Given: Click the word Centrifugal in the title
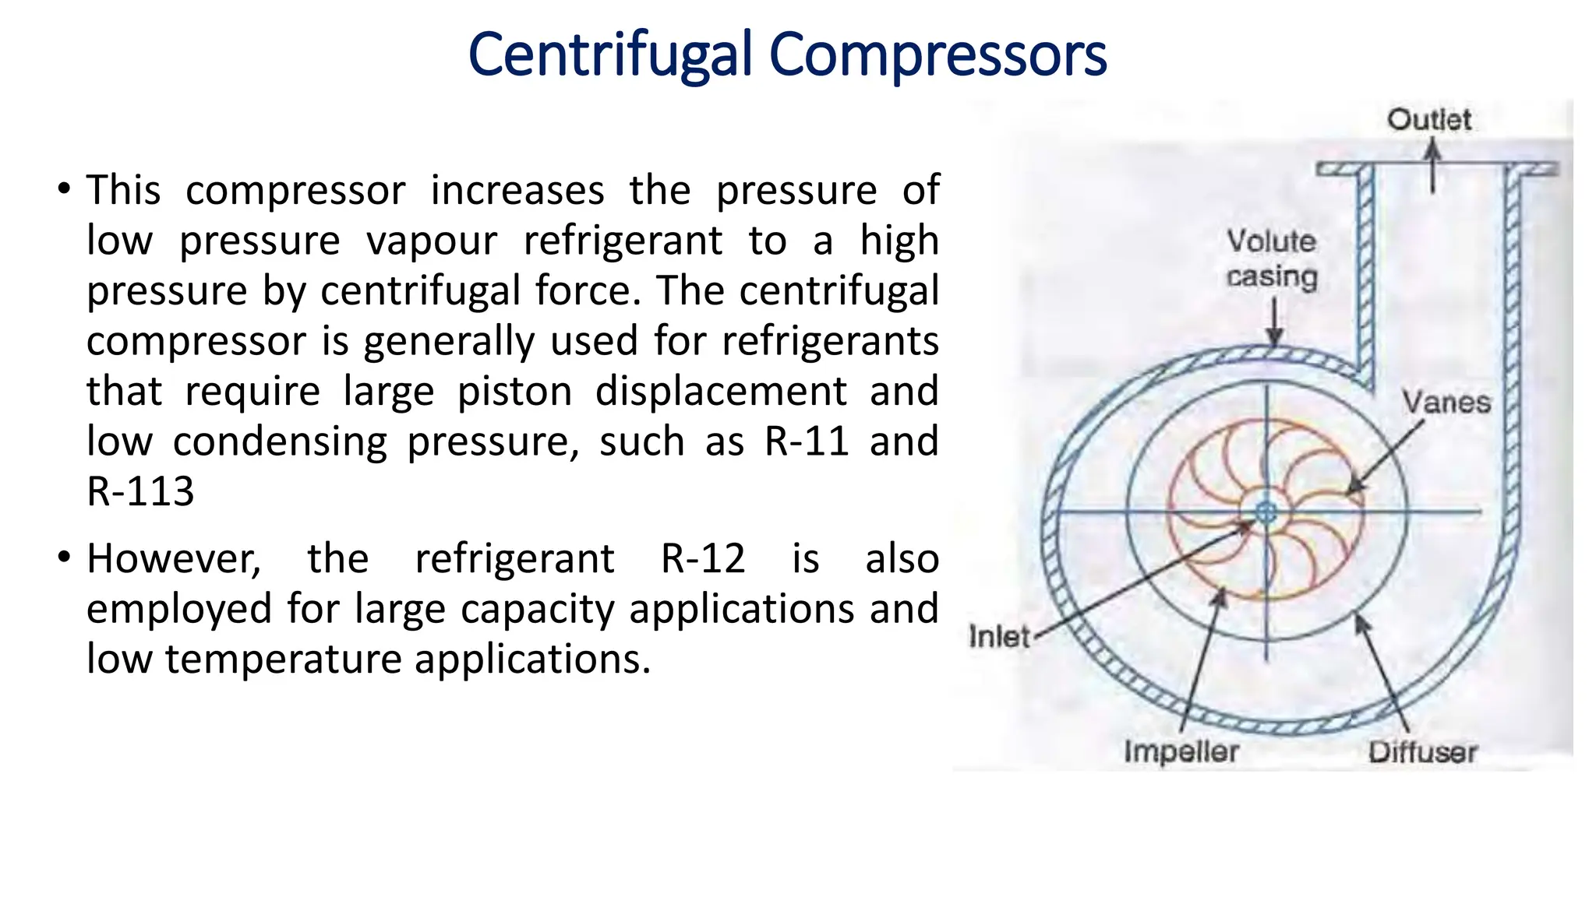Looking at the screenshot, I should click(x=610, y=55).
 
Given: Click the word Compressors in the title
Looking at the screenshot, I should click(x=937, y=55).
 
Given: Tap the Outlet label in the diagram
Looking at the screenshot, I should click(x=1428, y=120).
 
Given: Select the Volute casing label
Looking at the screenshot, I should click(x=1272, y=259).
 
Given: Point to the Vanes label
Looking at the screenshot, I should click(x=1446, y=403).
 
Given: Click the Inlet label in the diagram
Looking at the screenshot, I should click(x=998, y=637).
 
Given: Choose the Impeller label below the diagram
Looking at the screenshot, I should click(x=1181, y=751).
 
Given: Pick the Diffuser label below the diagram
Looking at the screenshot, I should click(x=1422, y=752).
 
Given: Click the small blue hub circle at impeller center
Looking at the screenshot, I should click(x=1266, y=512).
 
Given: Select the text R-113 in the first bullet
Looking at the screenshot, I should click(x=140, y=491).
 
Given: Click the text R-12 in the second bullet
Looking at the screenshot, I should click(x=703, y=558).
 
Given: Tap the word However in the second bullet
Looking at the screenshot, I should click(x=173, y=558).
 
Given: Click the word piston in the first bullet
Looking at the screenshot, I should click(x=515, y=391).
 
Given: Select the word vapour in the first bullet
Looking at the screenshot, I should click(x=431, y=241).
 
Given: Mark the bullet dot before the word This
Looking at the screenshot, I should click(x=64, y=188).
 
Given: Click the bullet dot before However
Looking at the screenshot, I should click(x=64, y=558).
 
